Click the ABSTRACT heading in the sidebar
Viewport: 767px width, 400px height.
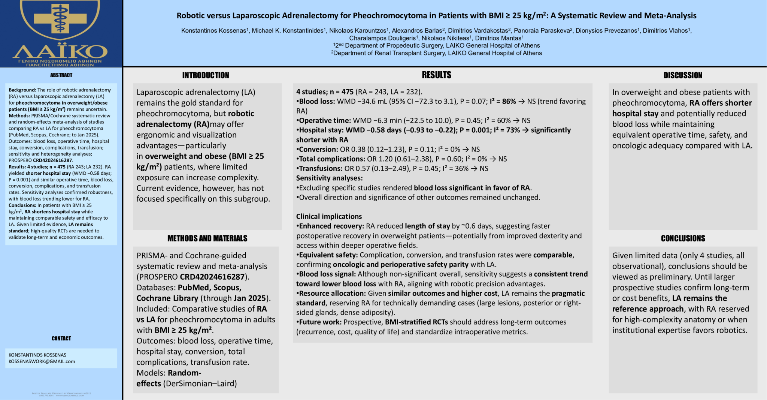pyautogui.click(x=61, y=75)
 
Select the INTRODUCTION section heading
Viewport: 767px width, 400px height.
pyautogui.click(x=206, y=75)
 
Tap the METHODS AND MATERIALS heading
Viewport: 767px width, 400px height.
pyautogui.click(x=207, y=238)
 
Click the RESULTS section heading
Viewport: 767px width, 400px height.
pyautogui.click(x=436, y=75)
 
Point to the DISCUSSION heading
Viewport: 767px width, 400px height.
pyautogui.click(x=683, y=75)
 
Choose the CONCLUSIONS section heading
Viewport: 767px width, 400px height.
pyautogui.click(x=683, y=238)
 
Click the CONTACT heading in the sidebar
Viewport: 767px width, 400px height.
pyautogui.click(x=61, y=339)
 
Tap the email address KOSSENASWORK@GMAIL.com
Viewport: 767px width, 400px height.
pyautogui.click(x=42, y=362)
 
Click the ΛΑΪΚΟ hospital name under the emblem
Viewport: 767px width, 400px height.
pyautogui.click(x=60, y=52)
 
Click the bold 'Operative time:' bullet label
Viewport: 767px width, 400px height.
pyautogui.click(x=325, y=121)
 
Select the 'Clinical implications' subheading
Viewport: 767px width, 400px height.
pyautogui.click(x=329, y=217)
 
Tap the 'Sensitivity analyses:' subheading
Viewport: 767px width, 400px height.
pyautogui.click(x=329, y=178)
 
